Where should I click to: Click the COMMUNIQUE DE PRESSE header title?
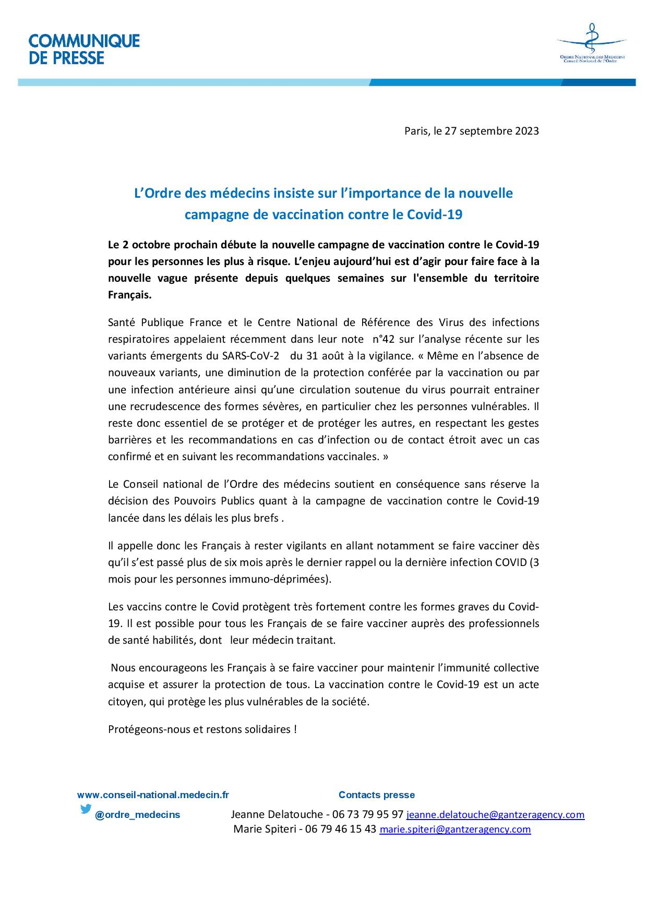point(84,49)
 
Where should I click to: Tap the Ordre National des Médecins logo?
point(591,44)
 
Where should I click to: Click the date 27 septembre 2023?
point(492,131)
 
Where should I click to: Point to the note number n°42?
point(384,340)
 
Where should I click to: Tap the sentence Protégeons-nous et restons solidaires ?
point(202,729)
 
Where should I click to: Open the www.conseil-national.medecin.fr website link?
point(153,795)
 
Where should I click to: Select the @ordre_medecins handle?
point(137,815)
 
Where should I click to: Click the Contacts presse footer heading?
point(376,795)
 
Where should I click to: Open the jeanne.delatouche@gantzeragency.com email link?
point(495,815)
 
